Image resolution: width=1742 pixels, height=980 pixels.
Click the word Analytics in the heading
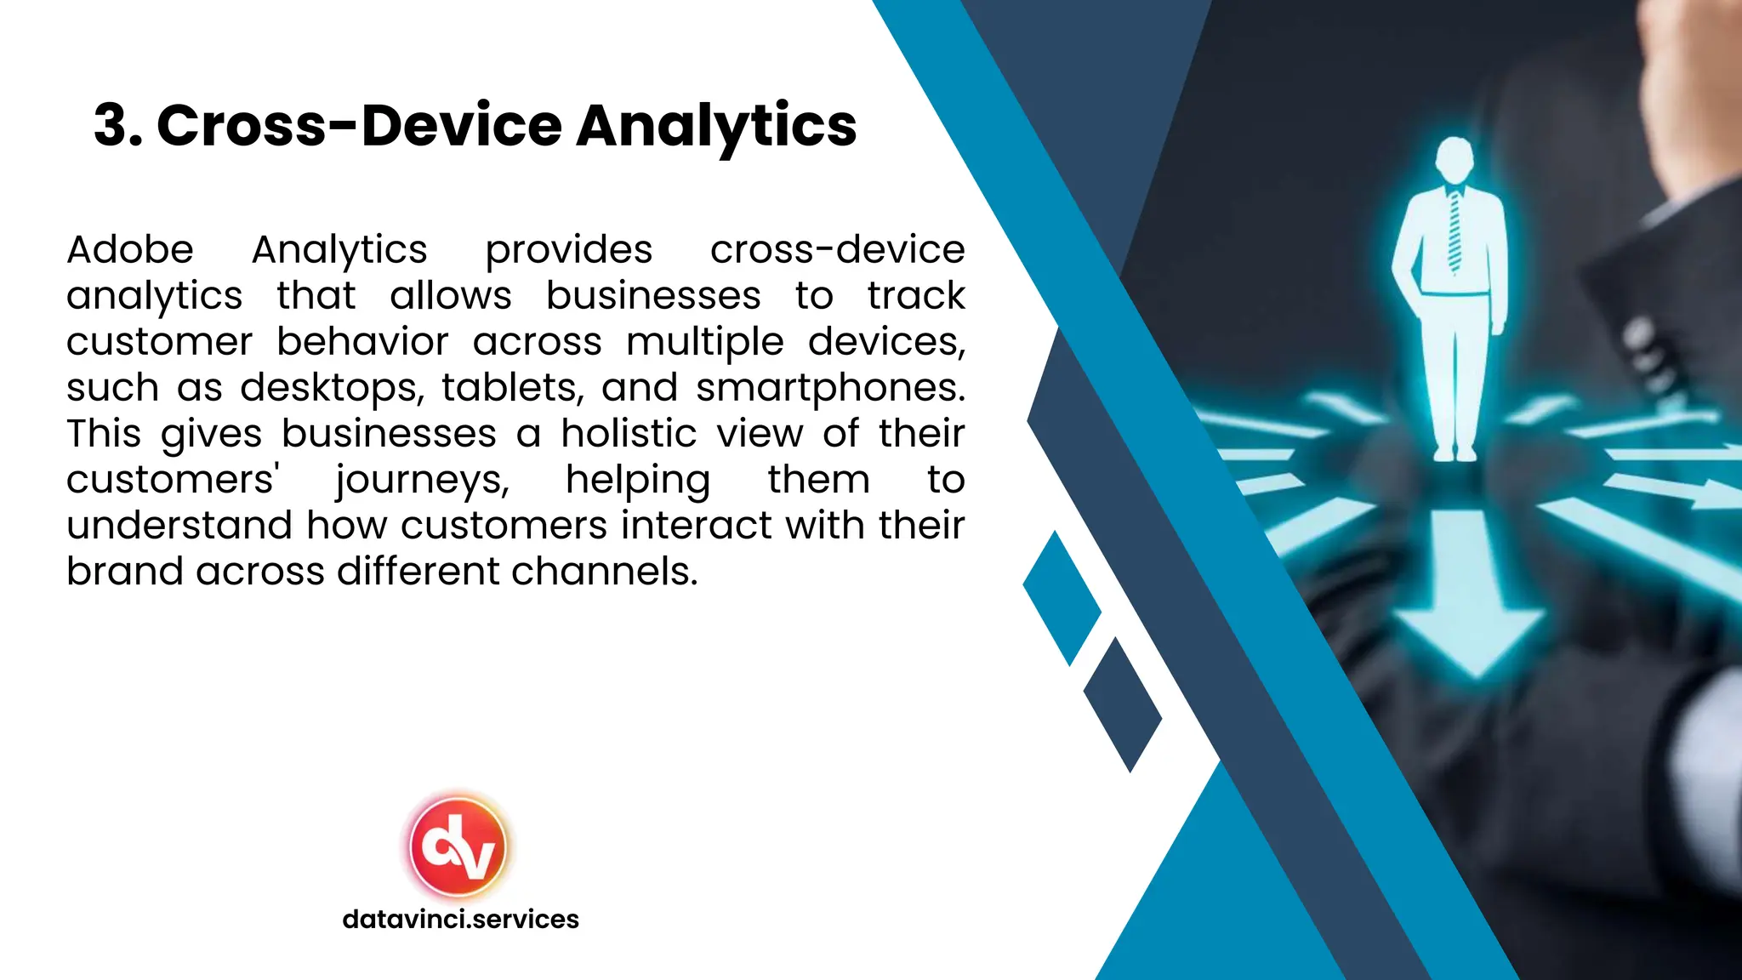click(x=716, y=126)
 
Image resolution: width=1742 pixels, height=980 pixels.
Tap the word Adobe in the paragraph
click(x=130, y=250)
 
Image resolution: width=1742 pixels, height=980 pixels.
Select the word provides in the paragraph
click(x=568, y=250)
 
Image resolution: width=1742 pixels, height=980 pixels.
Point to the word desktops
click(x=331, y=388)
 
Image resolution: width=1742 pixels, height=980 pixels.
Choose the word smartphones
click(x=830, y=388)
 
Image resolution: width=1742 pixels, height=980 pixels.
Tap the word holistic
click(x=629, y=434)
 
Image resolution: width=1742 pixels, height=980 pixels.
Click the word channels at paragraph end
click(x=604, y=572)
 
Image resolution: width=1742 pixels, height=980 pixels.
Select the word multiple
click(x=705, y=342)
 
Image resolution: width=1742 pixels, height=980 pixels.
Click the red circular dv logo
click(x=458, y=847)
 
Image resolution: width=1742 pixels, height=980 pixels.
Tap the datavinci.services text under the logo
click(x=460, y=920)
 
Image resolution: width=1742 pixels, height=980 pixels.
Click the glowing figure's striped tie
click(x=1455, y=230)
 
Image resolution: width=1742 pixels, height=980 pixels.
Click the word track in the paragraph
click(x=916, y=296)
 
